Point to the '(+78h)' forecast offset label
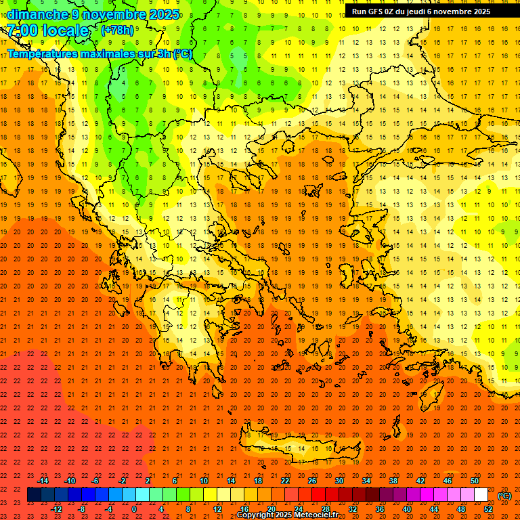tap(117, 30)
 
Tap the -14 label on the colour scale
tap(43, 481)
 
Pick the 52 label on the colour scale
tap(488, 509)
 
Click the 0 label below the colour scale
tap(134, 509)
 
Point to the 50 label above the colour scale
tap(475, 481)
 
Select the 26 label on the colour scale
tap(312, 481)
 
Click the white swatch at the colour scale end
tap(481, 495)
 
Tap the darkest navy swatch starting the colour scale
tap(34, 495)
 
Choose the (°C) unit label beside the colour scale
tap(504, 496)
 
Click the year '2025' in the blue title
tap(165, 14)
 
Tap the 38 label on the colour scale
tap(393, 481)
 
